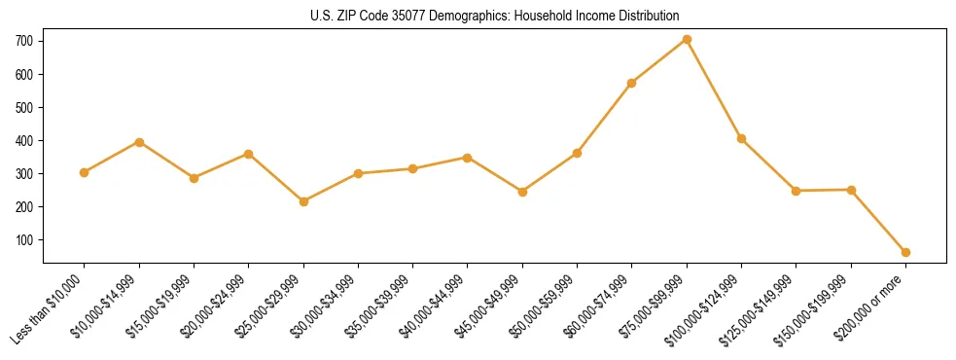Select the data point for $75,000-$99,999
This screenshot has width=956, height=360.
[687, 39]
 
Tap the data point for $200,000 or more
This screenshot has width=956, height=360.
[905, 252]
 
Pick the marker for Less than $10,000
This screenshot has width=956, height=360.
[85, 172]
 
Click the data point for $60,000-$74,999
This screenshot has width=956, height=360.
[632, 83]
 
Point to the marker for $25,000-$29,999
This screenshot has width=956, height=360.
[303, 201]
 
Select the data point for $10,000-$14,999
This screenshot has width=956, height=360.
[139, 142]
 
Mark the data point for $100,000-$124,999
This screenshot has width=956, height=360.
[741, 138]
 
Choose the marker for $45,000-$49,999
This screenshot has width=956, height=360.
[522, 192]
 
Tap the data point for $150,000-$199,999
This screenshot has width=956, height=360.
[851, 190]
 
